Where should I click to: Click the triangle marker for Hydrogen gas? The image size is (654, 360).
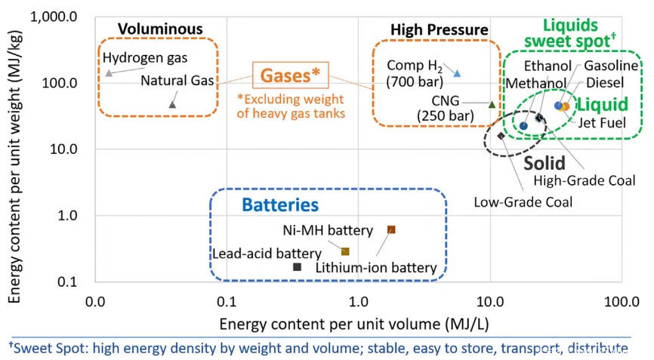coord(109,73)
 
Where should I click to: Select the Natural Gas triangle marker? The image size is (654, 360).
coord(172,105)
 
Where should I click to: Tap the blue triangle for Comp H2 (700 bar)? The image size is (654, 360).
coord(457,73)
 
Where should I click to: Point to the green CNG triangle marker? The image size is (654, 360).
coord(492,105)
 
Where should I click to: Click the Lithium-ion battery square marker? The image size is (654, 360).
coord(391,229)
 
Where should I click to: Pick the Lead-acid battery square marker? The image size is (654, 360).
coord(345,251)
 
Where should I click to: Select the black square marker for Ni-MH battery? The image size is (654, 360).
coord(297,266)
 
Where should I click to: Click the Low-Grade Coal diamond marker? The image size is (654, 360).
coord(501,135)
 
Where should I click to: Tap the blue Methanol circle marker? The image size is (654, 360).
coord(524,126)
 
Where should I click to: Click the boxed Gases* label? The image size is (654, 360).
coord(290,75)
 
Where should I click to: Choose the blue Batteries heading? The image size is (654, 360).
coord(280,205)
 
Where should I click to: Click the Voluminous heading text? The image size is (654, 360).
coord(160,29)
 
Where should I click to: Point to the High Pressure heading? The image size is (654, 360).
coord(440,29)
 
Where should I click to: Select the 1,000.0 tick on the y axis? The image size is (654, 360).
coord(54,17)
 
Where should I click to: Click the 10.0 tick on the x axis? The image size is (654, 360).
coord(490,301)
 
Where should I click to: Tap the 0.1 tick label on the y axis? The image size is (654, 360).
coord(67,282)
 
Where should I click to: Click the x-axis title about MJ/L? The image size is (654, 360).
coord(354,324)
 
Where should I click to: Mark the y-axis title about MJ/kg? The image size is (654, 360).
coord(14,167)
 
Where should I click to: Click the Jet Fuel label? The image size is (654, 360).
coord(602,122)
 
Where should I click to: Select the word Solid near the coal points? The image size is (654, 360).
coord(544,163)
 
